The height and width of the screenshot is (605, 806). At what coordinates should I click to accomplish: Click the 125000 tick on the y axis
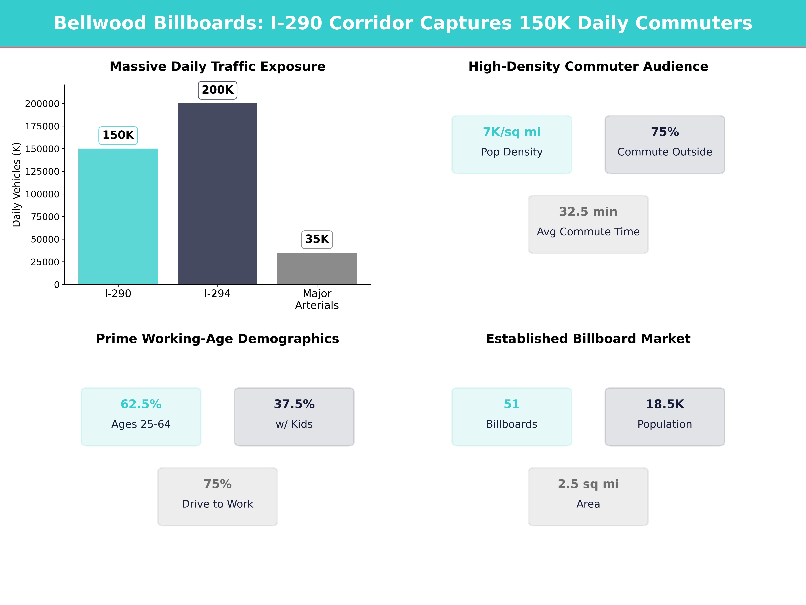42,171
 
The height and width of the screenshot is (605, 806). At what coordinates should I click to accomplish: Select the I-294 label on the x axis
217,294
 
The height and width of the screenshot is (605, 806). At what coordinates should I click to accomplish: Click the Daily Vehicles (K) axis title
16,185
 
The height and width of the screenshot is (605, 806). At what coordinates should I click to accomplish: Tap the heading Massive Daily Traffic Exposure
217,66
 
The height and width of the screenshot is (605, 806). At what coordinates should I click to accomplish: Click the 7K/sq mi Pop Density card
512,144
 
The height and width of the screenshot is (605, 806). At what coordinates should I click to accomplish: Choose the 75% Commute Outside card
665,144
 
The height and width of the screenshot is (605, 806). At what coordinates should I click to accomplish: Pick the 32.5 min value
588,212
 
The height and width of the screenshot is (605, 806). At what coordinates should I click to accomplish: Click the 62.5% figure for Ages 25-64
141,404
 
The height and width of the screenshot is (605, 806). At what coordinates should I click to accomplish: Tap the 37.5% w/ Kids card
294,416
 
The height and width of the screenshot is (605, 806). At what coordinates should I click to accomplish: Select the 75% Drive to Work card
217,496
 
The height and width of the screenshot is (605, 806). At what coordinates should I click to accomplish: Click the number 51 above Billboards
512,404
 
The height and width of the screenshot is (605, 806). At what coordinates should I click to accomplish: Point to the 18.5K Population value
665,404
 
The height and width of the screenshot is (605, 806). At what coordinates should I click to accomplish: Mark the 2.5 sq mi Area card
588,496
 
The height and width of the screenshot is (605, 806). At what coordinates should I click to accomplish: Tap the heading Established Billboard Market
588,339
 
